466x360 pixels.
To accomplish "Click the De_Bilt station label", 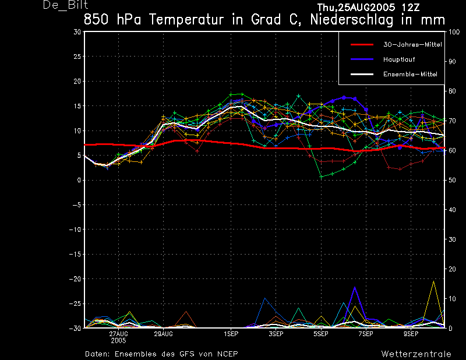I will point(65,5).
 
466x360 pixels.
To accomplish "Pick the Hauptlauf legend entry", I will point(398,59).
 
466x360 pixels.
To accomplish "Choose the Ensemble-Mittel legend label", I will point(409,75).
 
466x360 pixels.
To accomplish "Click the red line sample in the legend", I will point(361,44).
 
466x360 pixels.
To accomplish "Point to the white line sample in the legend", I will point(361,75).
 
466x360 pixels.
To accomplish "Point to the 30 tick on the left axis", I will point(77,32).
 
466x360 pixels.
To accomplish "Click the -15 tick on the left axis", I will point(75,255).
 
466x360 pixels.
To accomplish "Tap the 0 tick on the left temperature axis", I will point(79,181).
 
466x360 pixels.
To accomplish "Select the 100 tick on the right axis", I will point(453,32).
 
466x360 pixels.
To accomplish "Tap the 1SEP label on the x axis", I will point(231,334).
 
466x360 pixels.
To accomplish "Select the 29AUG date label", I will point(163,334).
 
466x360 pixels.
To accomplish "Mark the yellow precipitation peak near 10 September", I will point(433,281).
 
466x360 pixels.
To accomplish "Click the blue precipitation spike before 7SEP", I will point(354,287).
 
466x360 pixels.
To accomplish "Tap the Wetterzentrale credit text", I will point(416,354).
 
